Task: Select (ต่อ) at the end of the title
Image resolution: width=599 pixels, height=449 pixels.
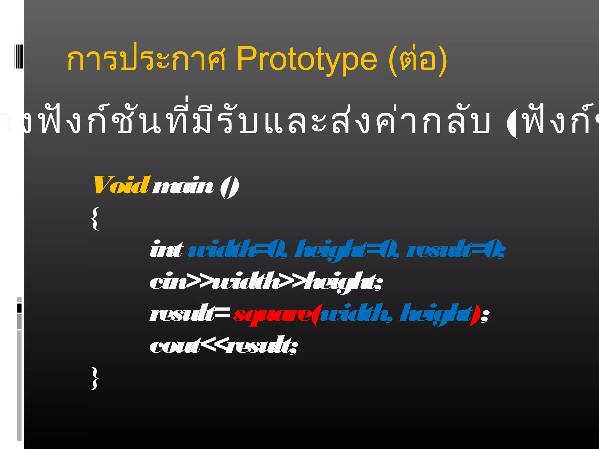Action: [x=418, y=60]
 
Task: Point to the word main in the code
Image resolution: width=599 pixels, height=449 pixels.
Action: [x=183, y=186]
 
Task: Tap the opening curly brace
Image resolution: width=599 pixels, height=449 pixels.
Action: [x=95, y=219]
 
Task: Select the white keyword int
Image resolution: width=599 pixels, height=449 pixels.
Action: [x=166, y=250]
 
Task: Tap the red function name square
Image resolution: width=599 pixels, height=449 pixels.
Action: [x=272, y=315]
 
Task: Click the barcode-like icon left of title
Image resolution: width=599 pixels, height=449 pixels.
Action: [x=19, y=56]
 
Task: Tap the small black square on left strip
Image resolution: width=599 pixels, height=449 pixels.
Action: [x=19, y=308]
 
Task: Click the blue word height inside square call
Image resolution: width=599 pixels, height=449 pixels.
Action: [x=436, y=314]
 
